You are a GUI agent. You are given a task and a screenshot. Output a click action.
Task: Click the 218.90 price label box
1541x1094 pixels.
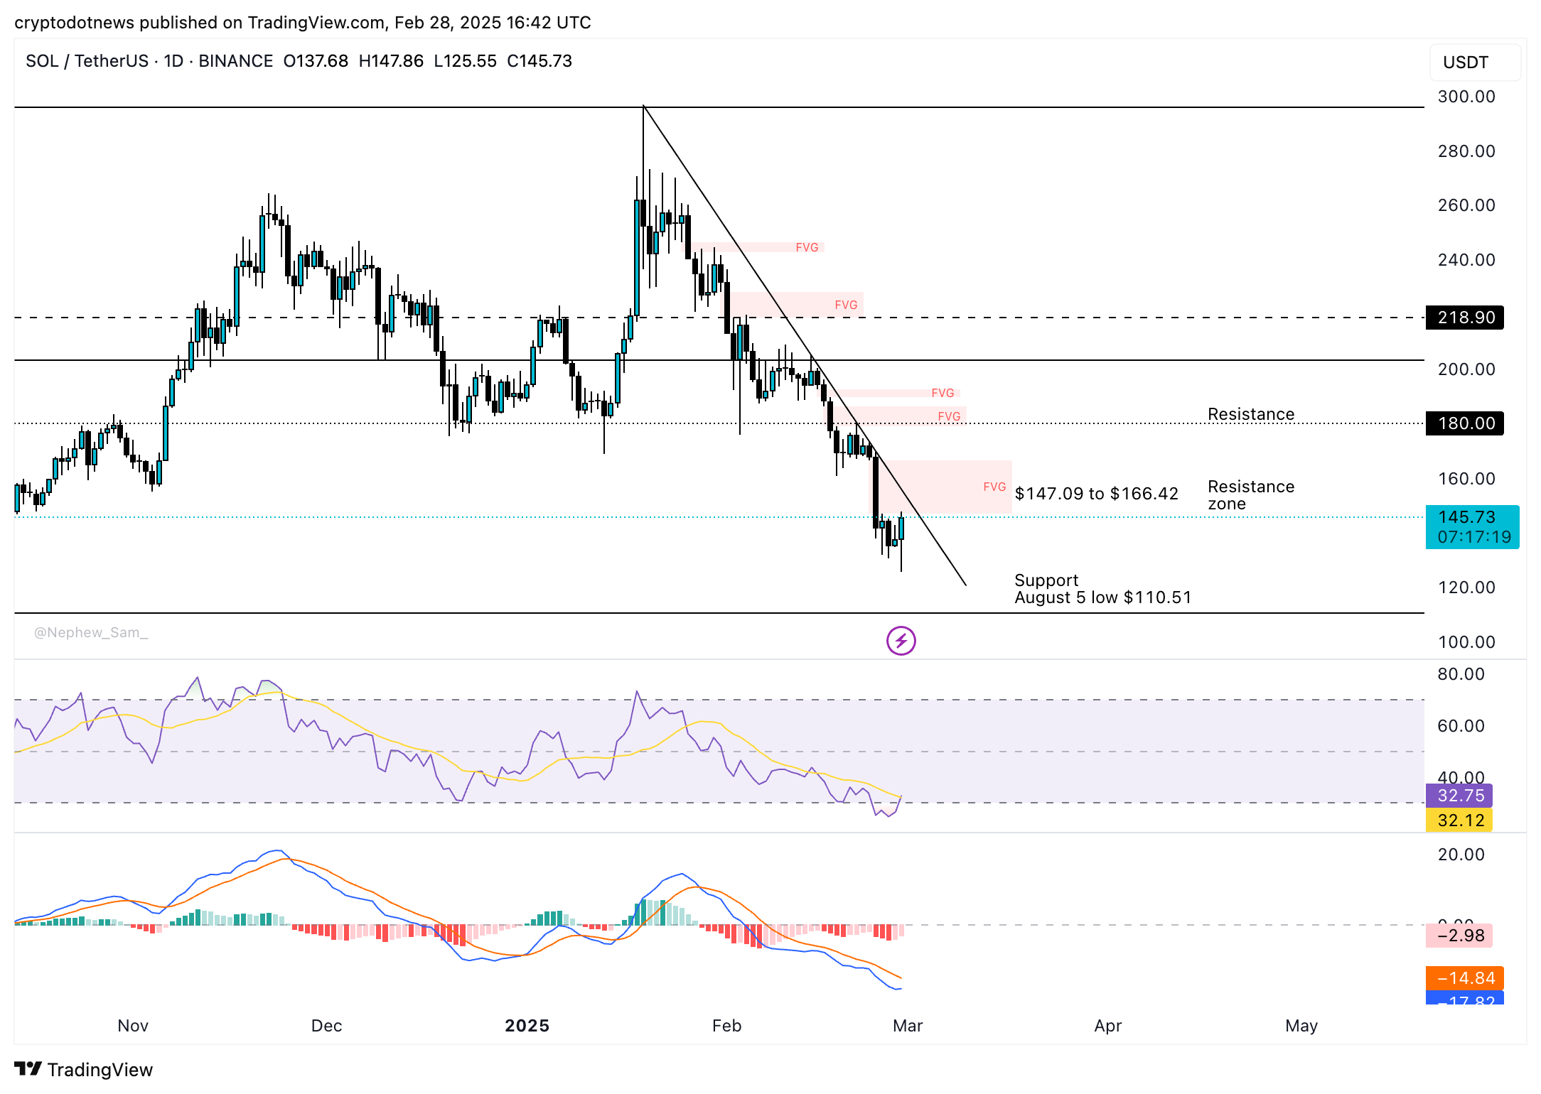point(1464,318)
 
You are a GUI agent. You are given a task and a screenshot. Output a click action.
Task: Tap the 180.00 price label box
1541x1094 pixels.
point(1464,423)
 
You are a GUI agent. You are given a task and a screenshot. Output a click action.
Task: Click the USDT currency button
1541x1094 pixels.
point(1474,63)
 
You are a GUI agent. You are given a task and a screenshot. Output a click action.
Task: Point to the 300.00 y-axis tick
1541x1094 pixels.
point(1466,97)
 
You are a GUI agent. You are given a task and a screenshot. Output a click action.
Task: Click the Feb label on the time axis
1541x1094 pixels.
point(726,1026)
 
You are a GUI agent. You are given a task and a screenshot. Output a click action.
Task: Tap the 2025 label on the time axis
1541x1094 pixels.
point(527,1026)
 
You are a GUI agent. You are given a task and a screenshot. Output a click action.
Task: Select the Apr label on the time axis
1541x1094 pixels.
point(1107,1026)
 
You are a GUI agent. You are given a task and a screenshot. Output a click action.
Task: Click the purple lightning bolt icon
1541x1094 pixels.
point(901,641)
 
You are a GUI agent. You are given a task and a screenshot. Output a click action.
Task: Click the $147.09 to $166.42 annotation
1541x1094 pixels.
point(1096,494)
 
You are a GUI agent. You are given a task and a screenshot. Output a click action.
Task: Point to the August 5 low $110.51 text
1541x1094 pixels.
point(1102,597)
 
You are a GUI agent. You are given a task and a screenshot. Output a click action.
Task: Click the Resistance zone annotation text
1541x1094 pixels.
point(1250,495)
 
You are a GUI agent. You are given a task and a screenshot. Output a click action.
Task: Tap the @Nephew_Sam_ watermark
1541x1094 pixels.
point(91,632)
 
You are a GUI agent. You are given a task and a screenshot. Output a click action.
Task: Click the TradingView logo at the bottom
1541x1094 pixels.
point(84,1069)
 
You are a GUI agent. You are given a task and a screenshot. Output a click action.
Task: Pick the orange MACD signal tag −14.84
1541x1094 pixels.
point(1464,978)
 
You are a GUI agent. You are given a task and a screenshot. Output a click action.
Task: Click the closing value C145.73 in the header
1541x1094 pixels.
point(539,61)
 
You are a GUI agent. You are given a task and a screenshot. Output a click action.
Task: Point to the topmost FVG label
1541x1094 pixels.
point(807,247)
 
